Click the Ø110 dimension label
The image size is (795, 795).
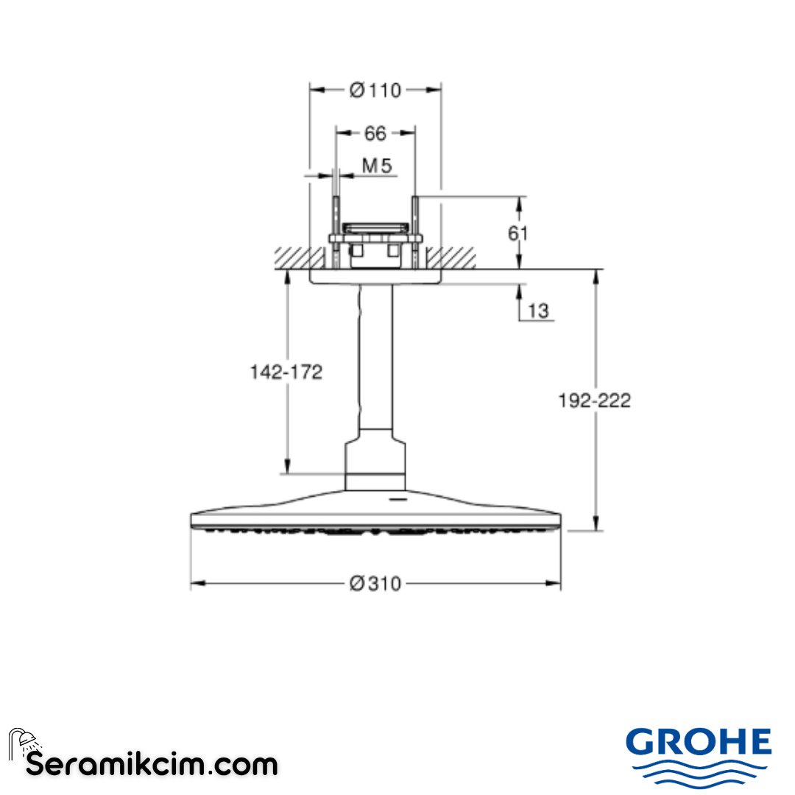pos(375,90)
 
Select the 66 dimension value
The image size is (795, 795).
pos(375,133)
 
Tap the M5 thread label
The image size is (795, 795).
pos(376,166)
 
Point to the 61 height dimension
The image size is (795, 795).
pos(518,233)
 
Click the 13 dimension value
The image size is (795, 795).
pos(538,311)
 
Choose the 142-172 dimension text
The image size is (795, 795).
pos(287,372)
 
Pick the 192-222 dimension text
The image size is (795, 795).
pos(596,400)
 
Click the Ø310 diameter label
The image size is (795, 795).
pos(375,584)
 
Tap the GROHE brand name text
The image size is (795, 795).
pos(699,741)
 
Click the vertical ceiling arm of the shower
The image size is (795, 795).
pos(375,361)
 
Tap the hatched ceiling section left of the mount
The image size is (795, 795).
pos(298,258)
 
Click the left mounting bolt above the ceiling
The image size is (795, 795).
pos(336,228)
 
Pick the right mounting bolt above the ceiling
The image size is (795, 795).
pos(415,228)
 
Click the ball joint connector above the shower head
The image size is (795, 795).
pos(375,464)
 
